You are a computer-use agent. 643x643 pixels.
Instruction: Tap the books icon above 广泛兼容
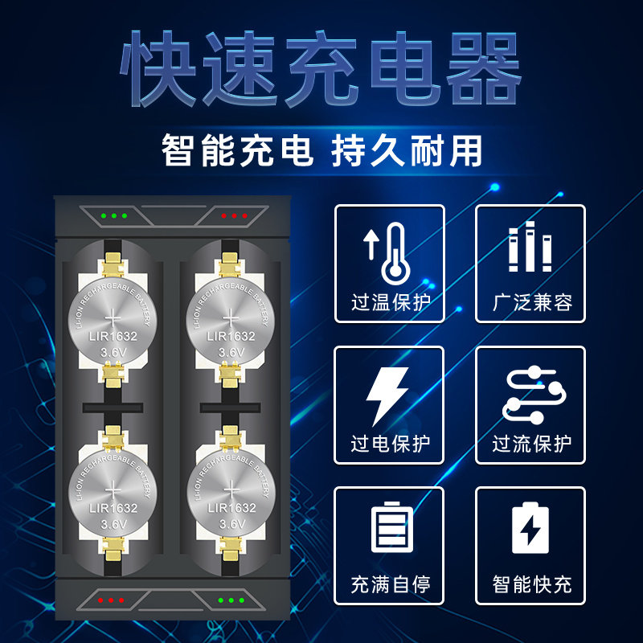[530, 248]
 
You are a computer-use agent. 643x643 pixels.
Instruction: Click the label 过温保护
[390, 303]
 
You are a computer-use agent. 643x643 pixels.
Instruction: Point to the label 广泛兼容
[530, 303]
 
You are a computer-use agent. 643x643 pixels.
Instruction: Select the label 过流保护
[530, 444]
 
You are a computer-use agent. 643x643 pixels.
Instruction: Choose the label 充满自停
[390, 584]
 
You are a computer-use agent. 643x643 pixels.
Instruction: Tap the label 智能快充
[530, 584]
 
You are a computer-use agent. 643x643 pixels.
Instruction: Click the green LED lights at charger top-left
[114, 215]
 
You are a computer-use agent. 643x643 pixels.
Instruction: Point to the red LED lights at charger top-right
[234, 215]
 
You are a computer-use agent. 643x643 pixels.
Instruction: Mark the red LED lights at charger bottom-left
[110, 600]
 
